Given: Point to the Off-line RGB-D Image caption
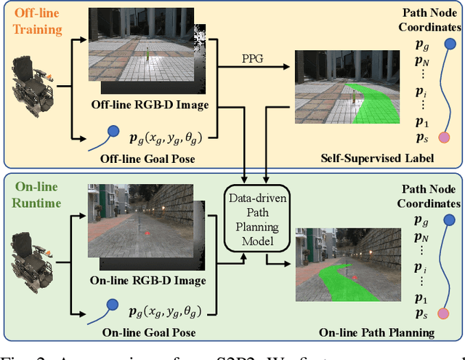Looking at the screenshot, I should tap(150, 105).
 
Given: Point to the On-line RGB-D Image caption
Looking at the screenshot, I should tap(150, 281).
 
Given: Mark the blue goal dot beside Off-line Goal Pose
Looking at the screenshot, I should tap(113, 132).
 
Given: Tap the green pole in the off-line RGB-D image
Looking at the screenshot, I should tap(147, 55).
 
